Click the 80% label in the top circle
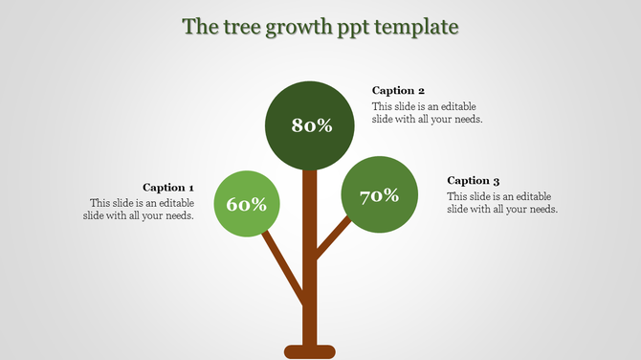pyautogui.click(x=311, y=125)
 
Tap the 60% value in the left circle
pyautogui.click(x=246, y=204)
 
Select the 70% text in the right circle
pyautogui.click(x=379, y=196)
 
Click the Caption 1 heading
pyautogui.click(x=168, y=188)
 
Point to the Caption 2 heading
pyautogui.click(x=398, y=91)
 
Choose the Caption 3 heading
pyautogui.click(x=474, y=180)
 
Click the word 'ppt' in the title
pyautogui.click(x=356, y=28)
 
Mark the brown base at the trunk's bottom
pyautogui.click(x=309, y=351)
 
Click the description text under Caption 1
pyautogui.click(x=141, y=209)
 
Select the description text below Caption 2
pyautogui.click(x=427, y=112)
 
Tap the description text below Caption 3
pyautogui.click(x=501, y=202)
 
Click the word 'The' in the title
pyautogui.click(x=200, y=26)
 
